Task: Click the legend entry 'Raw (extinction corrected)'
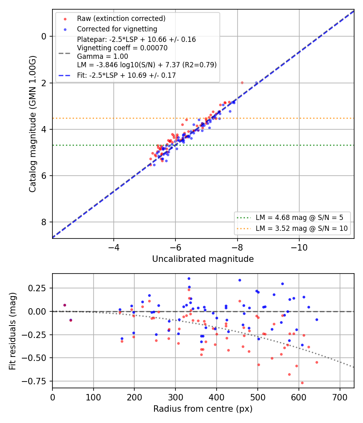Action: (121, 19)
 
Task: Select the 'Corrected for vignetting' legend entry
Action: (117, 29)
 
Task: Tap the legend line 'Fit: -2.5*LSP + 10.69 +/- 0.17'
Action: (126, 75)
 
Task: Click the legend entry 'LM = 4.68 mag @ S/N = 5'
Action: (299, 218)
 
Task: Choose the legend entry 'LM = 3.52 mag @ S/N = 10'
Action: (302, 228)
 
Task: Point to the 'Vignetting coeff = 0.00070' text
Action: (122, 48)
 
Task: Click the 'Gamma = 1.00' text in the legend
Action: (102, 56)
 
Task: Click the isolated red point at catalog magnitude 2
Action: (242, 83)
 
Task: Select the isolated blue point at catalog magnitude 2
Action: (256, 83)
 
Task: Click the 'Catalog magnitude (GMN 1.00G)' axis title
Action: (32, 124)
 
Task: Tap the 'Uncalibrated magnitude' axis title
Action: (203, 259)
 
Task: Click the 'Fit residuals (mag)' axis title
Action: (13, 331)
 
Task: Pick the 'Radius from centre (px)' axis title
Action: (203, 409)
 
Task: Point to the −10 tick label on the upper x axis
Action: (299, 247)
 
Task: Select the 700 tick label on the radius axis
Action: (340, 397)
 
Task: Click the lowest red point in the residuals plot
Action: (302, 383)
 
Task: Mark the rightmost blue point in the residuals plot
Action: (317, 320)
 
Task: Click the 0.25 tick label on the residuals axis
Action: (37, 288)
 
